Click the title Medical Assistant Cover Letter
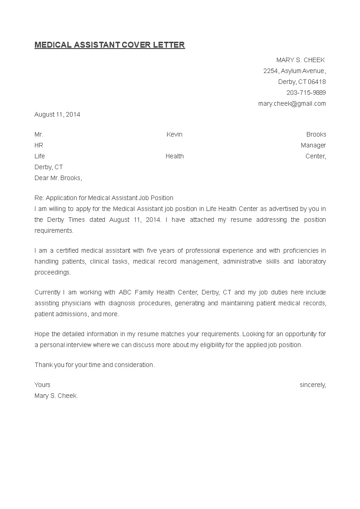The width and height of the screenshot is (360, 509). (109, 45)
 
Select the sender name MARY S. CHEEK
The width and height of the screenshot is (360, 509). (301, 60)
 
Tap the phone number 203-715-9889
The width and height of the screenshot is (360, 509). (306, 93)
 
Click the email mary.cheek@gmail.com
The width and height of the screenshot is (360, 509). (292, 104)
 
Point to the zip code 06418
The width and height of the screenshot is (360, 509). (317, 82)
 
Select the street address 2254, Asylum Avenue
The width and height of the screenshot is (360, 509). (294, 71)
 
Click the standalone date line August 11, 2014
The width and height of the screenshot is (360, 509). (57, 115)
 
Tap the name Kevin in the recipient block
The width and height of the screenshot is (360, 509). (174, 135)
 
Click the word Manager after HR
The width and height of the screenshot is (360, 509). (313, 146)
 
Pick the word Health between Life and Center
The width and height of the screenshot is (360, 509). (174, 157)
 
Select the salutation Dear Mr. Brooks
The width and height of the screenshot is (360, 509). (58, 178)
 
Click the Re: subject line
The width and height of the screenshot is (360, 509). (104, 198)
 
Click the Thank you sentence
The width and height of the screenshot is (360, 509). (94, 365)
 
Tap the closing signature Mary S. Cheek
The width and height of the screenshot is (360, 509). (56, 396)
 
